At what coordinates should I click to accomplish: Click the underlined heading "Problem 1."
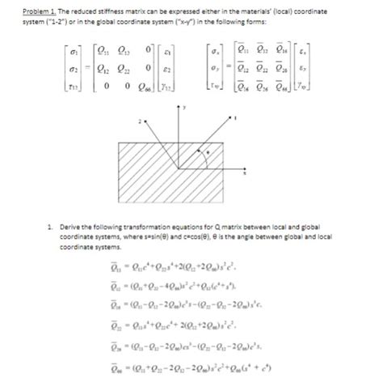pos(25,12)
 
